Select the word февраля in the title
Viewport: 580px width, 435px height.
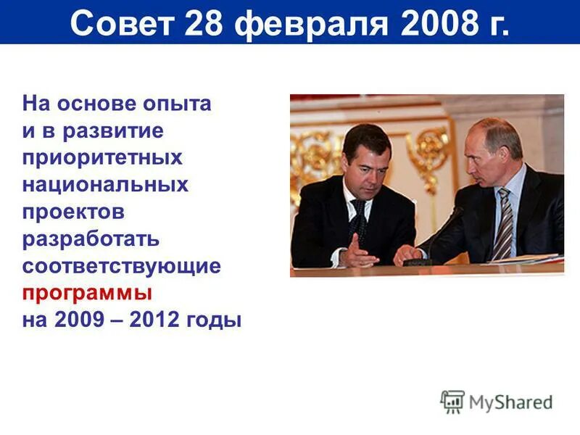tap(311, 24)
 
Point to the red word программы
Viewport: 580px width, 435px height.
tap(87, 293)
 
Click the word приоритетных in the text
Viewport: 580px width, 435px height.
tap(102, 157)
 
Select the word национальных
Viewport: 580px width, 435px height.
tap(105, 184)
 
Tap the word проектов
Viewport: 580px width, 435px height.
tap(73, 211)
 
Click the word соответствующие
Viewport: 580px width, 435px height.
tap(121, 265)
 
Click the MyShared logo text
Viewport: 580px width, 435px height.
tap(511, 402)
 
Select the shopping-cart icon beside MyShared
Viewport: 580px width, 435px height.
tap(452, 402)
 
